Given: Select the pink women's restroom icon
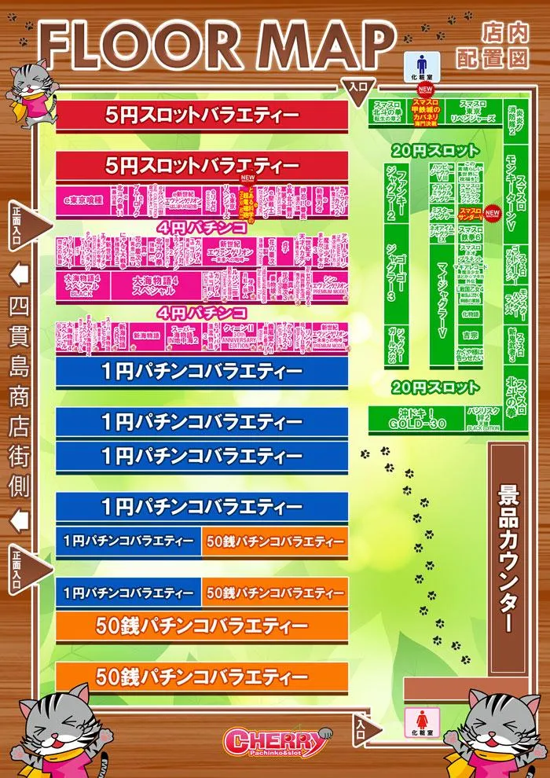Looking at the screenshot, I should (416, 718).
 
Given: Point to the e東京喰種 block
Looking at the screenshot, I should (82, 202).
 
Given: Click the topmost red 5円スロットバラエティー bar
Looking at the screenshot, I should (201, 116).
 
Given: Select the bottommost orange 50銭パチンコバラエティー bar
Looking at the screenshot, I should (201, 677).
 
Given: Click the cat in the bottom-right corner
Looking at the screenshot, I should (503, 731).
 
